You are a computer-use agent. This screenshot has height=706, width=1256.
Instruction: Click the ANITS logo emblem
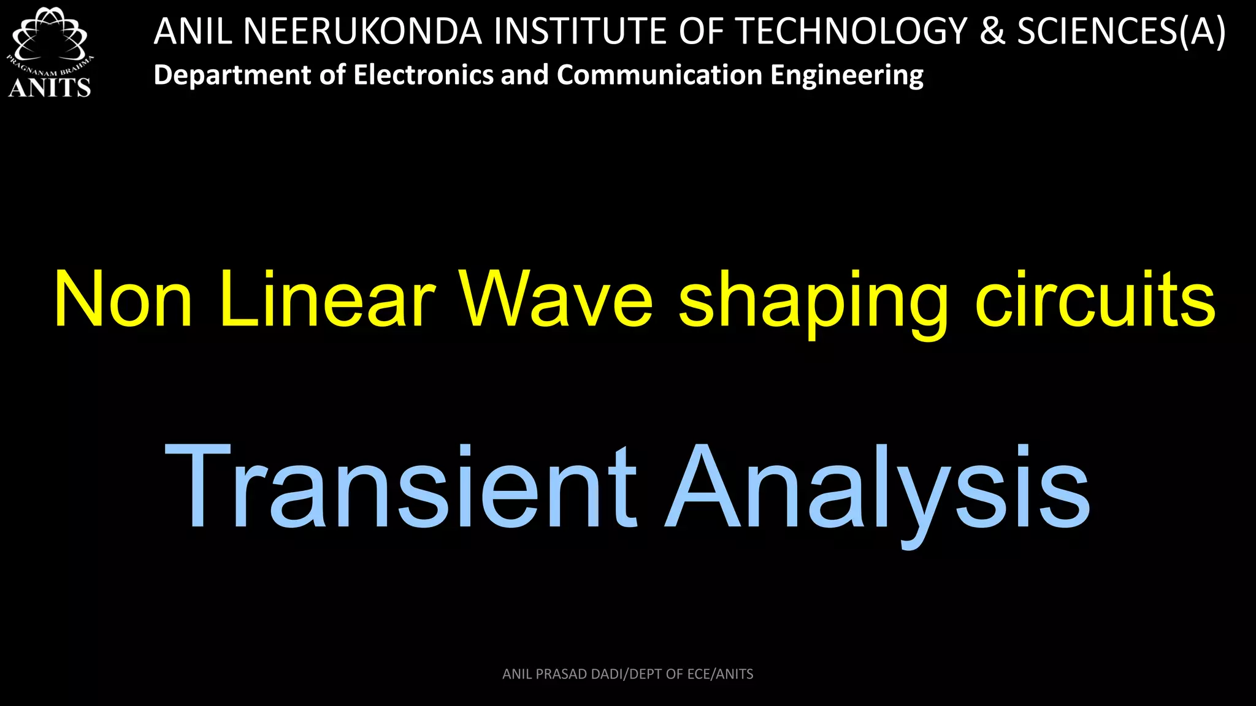pos(49,37)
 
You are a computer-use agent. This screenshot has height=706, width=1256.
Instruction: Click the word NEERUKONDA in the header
pos(362,31)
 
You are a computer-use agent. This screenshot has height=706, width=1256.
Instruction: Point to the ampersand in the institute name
pos(992,31)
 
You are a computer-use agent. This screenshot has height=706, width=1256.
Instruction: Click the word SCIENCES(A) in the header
pos(1122,31)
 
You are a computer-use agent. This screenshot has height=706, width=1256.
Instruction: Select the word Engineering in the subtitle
pos(847,75)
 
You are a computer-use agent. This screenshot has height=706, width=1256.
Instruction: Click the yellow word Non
pos(123,300)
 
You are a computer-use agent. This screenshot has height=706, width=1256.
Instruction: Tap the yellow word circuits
pos(1095,300)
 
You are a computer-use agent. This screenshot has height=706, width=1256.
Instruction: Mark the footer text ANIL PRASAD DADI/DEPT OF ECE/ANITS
pos(627,674)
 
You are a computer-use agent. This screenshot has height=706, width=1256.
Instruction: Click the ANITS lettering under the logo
pos(50,88)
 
